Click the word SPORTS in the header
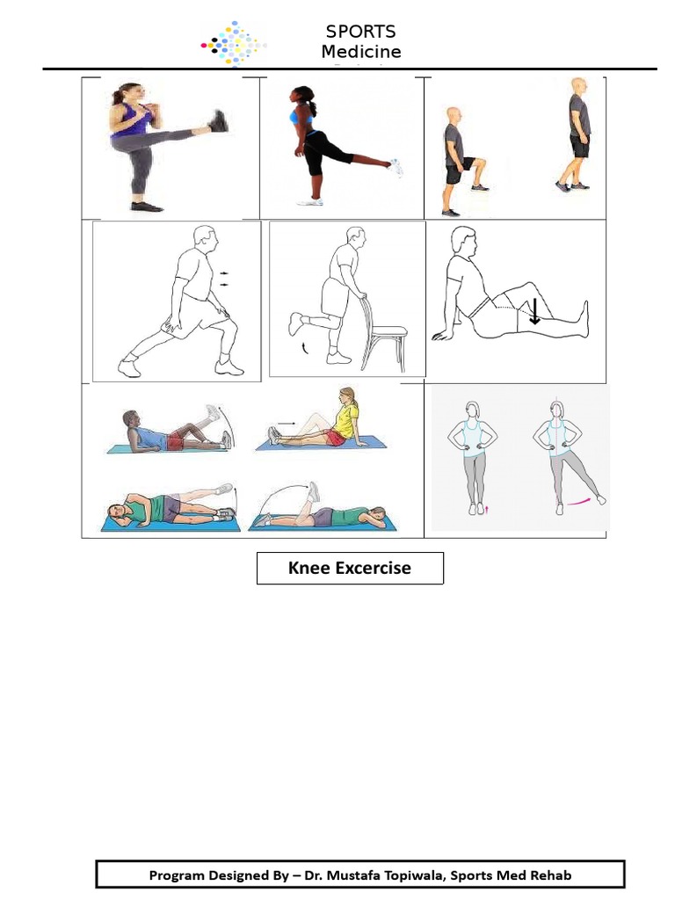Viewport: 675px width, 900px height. point(360,33)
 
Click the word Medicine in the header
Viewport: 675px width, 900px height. point(360,52)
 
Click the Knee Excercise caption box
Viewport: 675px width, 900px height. point(350,568)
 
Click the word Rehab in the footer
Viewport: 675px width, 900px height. point(549,875)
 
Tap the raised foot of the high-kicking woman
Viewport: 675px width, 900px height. point(218,121)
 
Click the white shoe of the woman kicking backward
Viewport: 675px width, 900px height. point(397,167)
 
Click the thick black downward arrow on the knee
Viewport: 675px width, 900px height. point(533,311)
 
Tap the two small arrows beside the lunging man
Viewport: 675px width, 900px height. point(227,279)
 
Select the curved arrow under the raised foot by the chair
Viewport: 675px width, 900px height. point(306,350)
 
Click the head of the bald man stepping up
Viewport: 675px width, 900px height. point(454,115)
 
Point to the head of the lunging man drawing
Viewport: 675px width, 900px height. point(205,238)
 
